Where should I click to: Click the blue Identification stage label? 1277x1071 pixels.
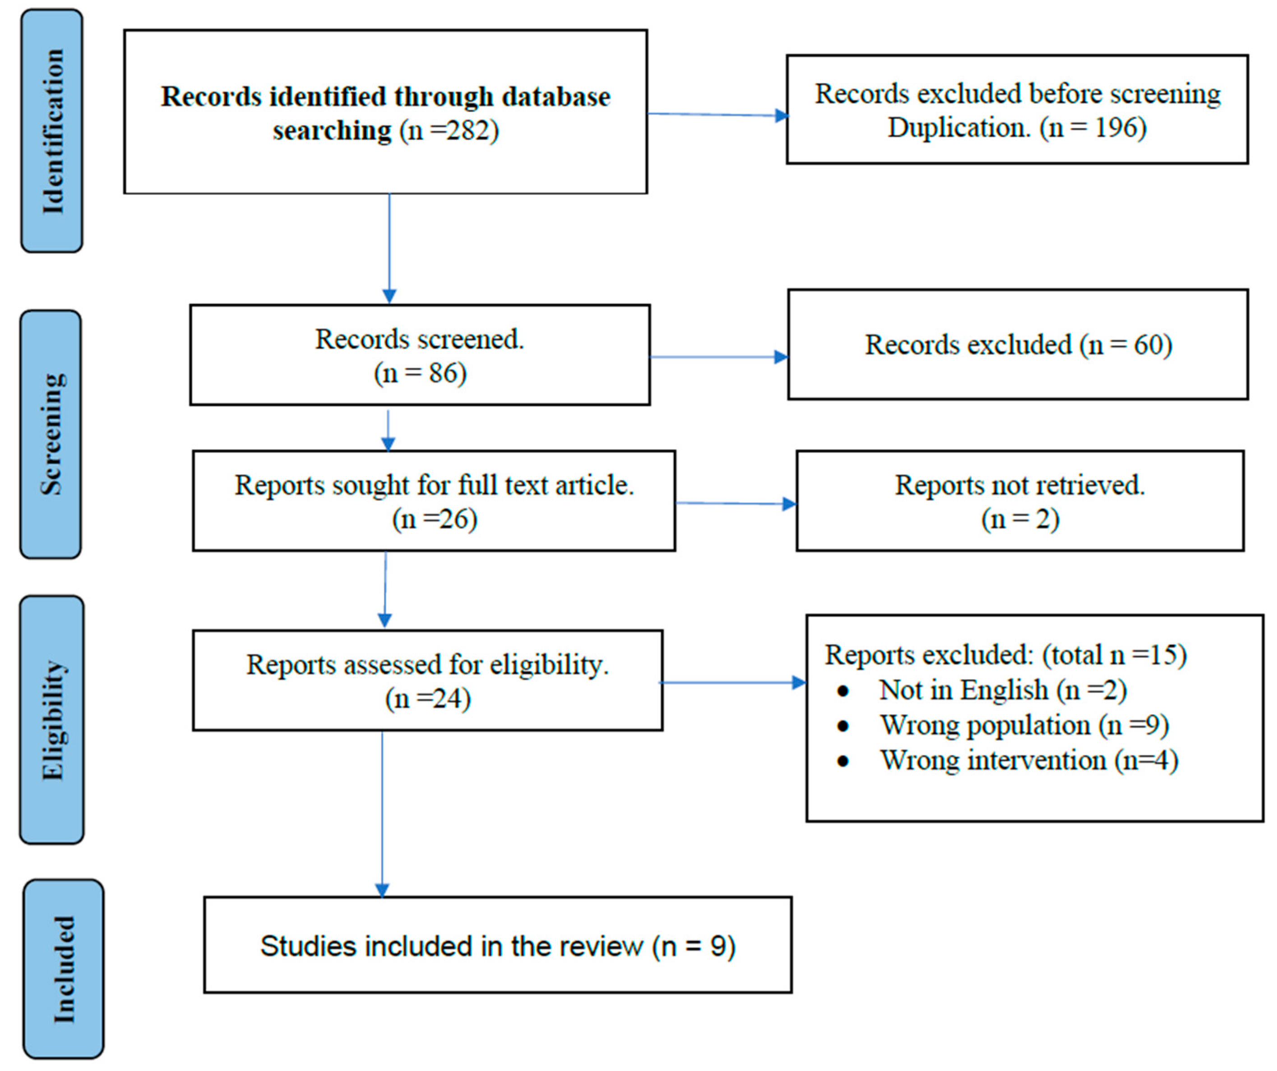(52, 131)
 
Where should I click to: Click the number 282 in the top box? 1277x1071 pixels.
(469, 131)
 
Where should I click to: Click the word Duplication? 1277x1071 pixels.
(958, 128)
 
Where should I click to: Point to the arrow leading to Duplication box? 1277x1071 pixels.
(717, 114)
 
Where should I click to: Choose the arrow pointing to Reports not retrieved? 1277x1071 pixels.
(736, 503)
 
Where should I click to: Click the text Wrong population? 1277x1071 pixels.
(985, 725)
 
